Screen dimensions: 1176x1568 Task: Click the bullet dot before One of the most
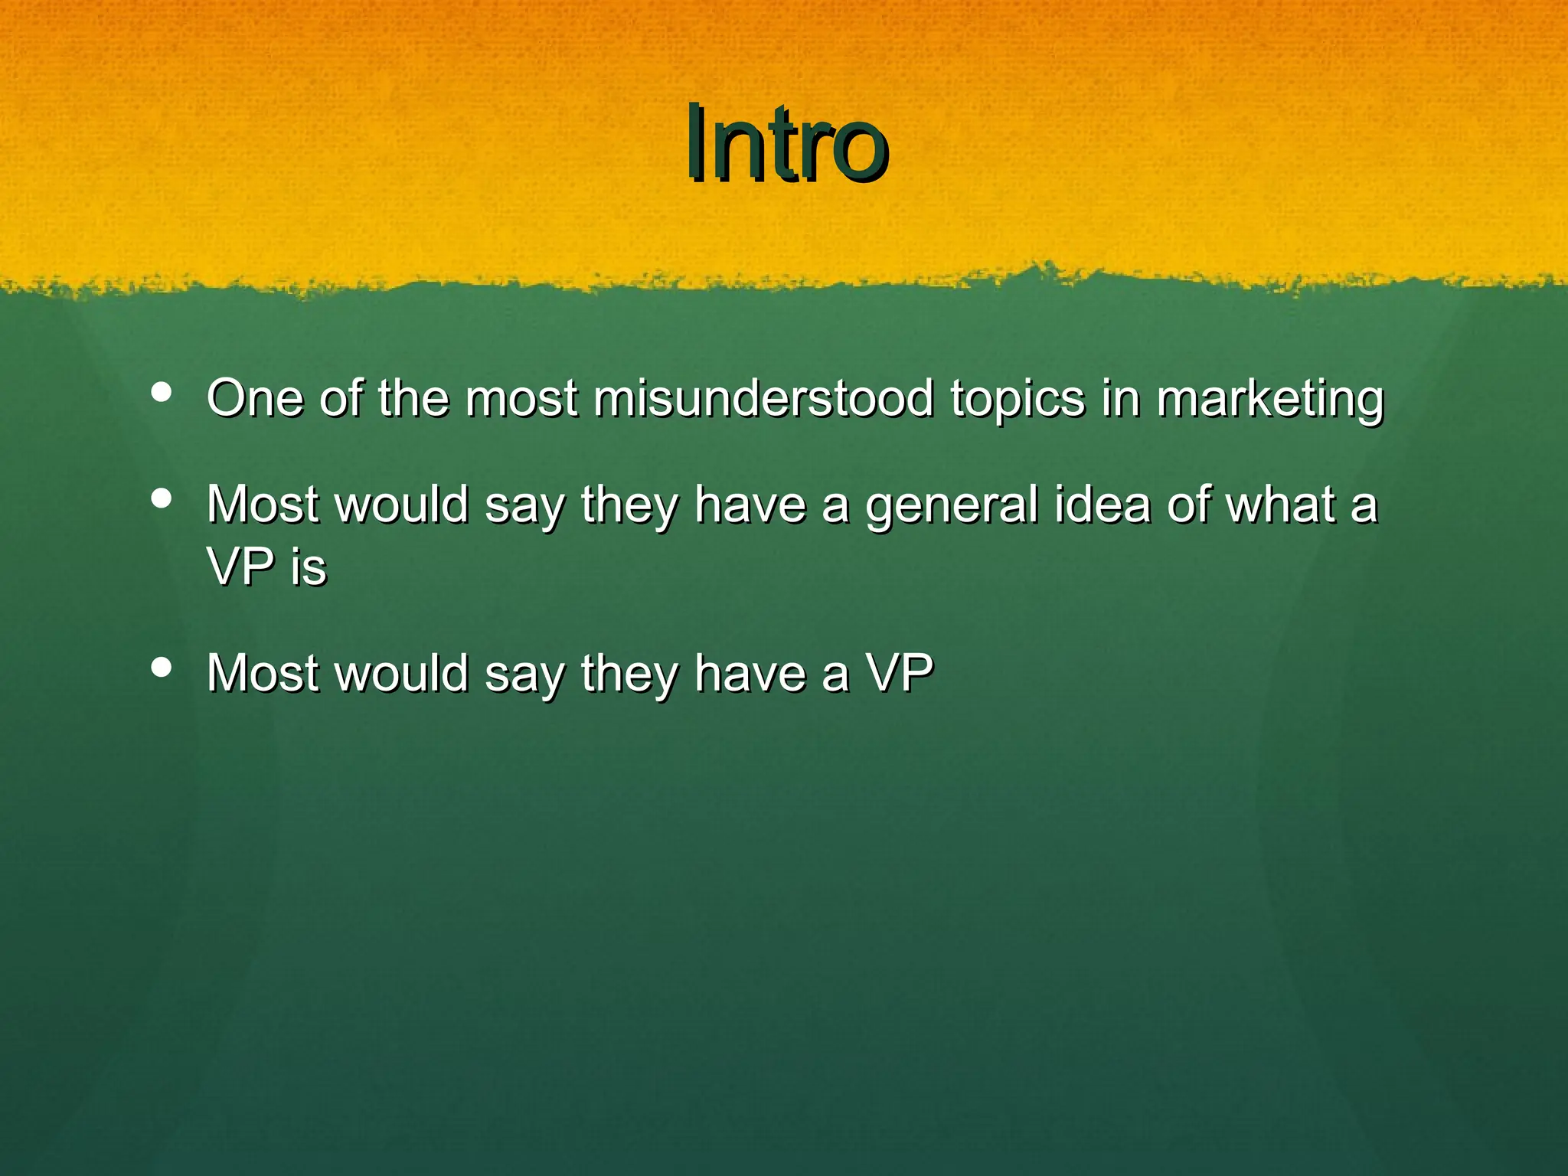point(162,392)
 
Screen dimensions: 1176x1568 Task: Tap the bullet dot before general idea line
point(162,498)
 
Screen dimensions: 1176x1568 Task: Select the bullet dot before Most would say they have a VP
point(162,667)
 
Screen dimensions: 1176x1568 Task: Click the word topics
point(1018,400)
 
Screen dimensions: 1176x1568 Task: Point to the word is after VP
point(309,567)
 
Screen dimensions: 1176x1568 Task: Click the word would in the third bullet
point(403,673)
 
